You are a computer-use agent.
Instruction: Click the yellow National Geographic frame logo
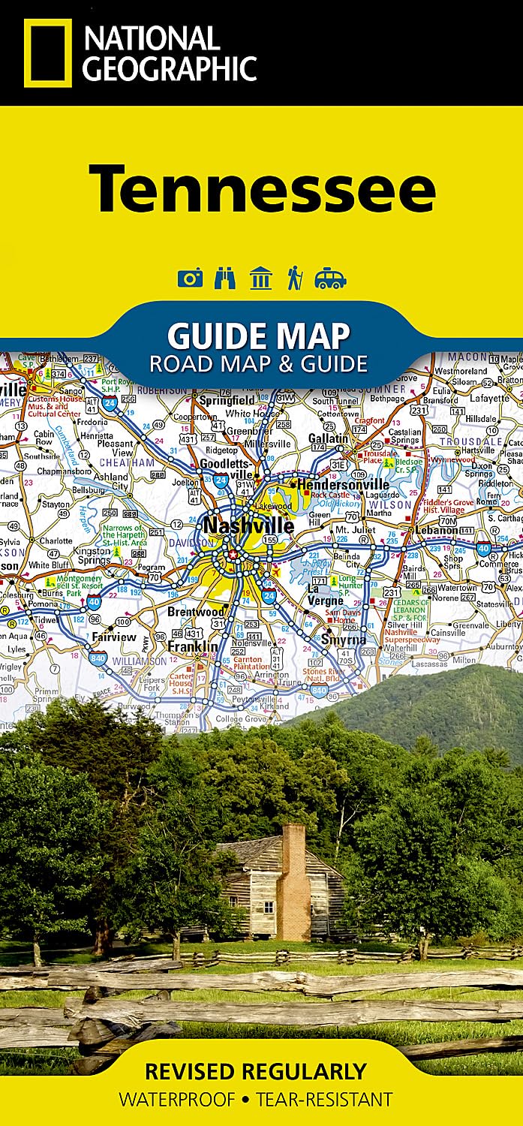coord(48,53)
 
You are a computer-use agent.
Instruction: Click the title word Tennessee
coord(262,188)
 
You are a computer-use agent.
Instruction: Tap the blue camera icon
coord(190,279)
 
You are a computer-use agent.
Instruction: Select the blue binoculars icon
coord(225,278)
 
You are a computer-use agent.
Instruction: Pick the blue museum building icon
coord(260,278)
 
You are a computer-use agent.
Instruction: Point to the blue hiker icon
coord(294,278)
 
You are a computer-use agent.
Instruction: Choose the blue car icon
coord(330,279)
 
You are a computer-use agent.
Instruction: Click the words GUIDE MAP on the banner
coord(259,334)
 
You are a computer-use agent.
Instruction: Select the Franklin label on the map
coord(192,646)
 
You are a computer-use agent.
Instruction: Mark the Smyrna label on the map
coord(344,640)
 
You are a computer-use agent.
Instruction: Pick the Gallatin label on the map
coord(327,438)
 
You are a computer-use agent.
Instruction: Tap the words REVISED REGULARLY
coord(255,1070)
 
